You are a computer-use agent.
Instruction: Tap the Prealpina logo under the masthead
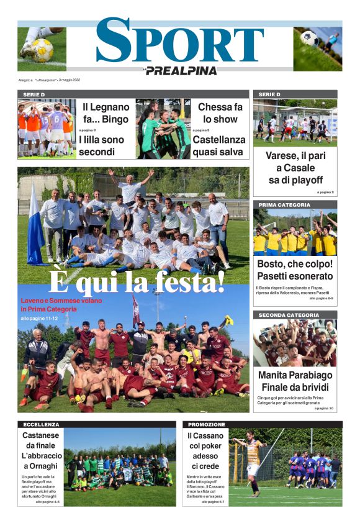(x=181, y=71)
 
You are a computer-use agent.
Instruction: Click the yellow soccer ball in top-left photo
(x=42, y=50)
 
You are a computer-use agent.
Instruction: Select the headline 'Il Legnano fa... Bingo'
(x=106, y=112)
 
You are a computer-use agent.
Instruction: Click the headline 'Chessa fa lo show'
(x=220, y=112)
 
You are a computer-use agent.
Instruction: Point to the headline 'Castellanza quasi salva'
(x=219, y=145)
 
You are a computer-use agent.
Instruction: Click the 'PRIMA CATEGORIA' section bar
(x=295, y=204)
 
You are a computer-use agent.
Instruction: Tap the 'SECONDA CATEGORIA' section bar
(x=295, y=315)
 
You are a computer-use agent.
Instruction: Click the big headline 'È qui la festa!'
(x=137, y=283)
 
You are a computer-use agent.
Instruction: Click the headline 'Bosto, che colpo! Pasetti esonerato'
(x=295, y=270)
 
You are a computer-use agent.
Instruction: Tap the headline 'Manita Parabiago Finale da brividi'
(x=295, y=381)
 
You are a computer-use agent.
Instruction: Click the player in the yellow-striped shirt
(x=253, y=463)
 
